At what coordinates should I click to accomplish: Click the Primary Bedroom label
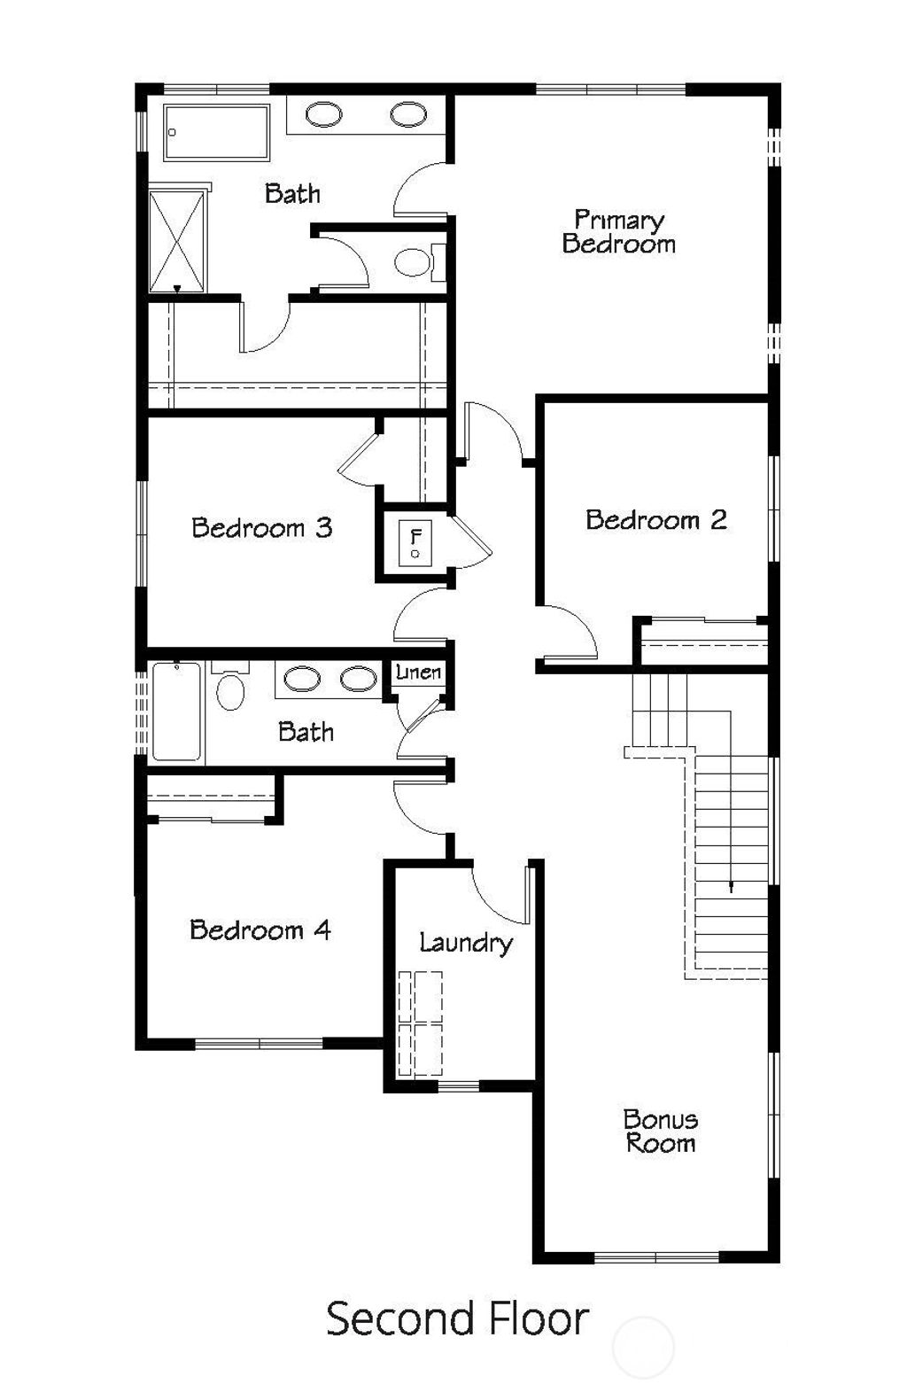[x=618, y=232]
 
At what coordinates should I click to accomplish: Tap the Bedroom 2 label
[x=655, y=520]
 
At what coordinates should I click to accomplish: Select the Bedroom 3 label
[x=262, y=528]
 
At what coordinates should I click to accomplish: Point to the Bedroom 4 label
[x=260, y=929]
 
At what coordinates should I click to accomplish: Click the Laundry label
[x=466, y=943]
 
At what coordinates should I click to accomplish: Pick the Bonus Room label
[x=660, y=1131]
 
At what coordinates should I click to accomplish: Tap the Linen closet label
[x=418, y=673]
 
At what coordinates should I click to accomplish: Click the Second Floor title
[x=457, y=1318]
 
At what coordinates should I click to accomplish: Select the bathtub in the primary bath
[x=217, y=133]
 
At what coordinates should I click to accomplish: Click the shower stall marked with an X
[x=177, y=241]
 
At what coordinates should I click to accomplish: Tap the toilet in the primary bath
[x=413, y=262]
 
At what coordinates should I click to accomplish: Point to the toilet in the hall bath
[x=230, y=688]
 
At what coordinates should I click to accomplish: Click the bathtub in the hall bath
[x=176, y=712]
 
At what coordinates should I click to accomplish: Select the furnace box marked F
[x=415, y=542]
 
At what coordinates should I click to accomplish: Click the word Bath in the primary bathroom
[x=292, y=193]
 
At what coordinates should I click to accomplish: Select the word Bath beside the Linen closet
[x=306, y=732]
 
